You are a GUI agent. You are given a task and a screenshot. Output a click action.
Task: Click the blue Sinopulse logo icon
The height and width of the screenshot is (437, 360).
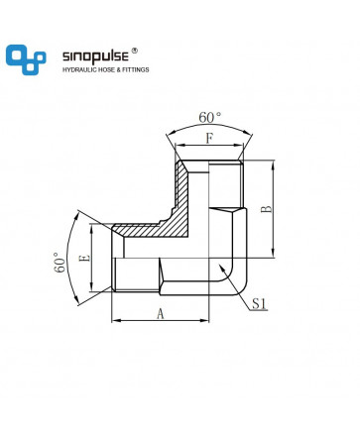(x=26, y=59)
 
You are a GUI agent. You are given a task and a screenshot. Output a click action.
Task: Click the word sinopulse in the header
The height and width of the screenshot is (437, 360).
(x=95, y=56)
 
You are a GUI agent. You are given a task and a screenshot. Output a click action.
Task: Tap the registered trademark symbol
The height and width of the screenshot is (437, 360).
(x=135, y=51)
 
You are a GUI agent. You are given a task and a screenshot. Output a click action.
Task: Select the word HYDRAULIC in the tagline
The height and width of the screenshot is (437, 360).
(x=80, y=69)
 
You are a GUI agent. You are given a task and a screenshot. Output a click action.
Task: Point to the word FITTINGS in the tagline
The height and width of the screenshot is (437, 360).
(x=136, y=69)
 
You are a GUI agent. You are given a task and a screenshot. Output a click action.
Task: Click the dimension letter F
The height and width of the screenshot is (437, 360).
(x=209, y=138)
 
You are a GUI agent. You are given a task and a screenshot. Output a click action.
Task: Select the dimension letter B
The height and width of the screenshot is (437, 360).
(x=267, y=209)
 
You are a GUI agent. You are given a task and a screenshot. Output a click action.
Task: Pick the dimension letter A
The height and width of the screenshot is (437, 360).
(x=161, y=313)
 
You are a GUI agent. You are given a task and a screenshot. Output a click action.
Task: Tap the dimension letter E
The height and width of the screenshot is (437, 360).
(x=84, y=258)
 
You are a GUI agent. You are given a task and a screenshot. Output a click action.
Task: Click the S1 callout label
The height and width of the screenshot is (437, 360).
(x=259, y=303)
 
